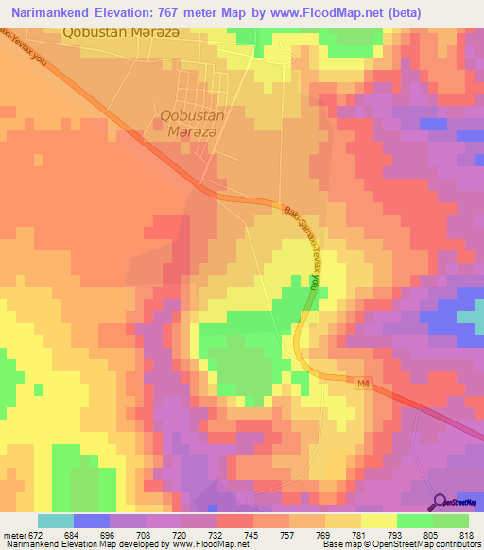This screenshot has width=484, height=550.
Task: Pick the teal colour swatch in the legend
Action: tap(56, 521)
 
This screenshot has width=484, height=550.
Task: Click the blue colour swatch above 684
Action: tap(92, 521)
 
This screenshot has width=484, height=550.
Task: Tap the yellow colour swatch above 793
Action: tap(378, 521)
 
